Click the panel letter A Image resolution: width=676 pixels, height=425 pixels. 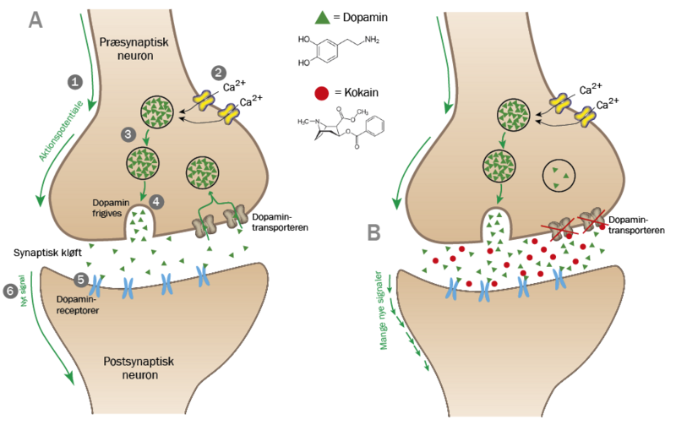click(35, 20)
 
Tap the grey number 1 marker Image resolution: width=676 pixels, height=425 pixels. click(76, 82)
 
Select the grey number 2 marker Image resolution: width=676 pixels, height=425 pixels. click(218, 73)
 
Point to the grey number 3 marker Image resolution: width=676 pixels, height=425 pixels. click(128, 134)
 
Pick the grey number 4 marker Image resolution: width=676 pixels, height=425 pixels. click(156, 201)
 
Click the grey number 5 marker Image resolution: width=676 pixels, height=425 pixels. click(81, 278)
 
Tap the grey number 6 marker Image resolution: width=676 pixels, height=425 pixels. click(11, 290)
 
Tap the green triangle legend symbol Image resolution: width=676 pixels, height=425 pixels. click(321, 15)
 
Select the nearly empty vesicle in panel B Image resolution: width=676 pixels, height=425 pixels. click(557, 177)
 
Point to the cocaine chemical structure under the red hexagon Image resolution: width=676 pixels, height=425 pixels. click(338, 127)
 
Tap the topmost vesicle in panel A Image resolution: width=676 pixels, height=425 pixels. click(157, 111)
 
